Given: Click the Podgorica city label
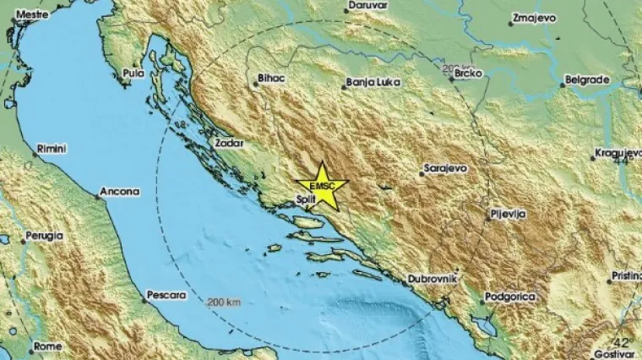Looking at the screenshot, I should coord(509,298).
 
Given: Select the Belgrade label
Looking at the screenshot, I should coord(587,79).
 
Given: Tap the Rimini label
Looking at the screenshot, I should coord(52,149).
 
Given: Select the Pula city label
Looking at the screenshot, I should coord(133,74).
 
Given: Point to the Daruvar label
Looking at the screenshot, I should coord(367,6).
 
